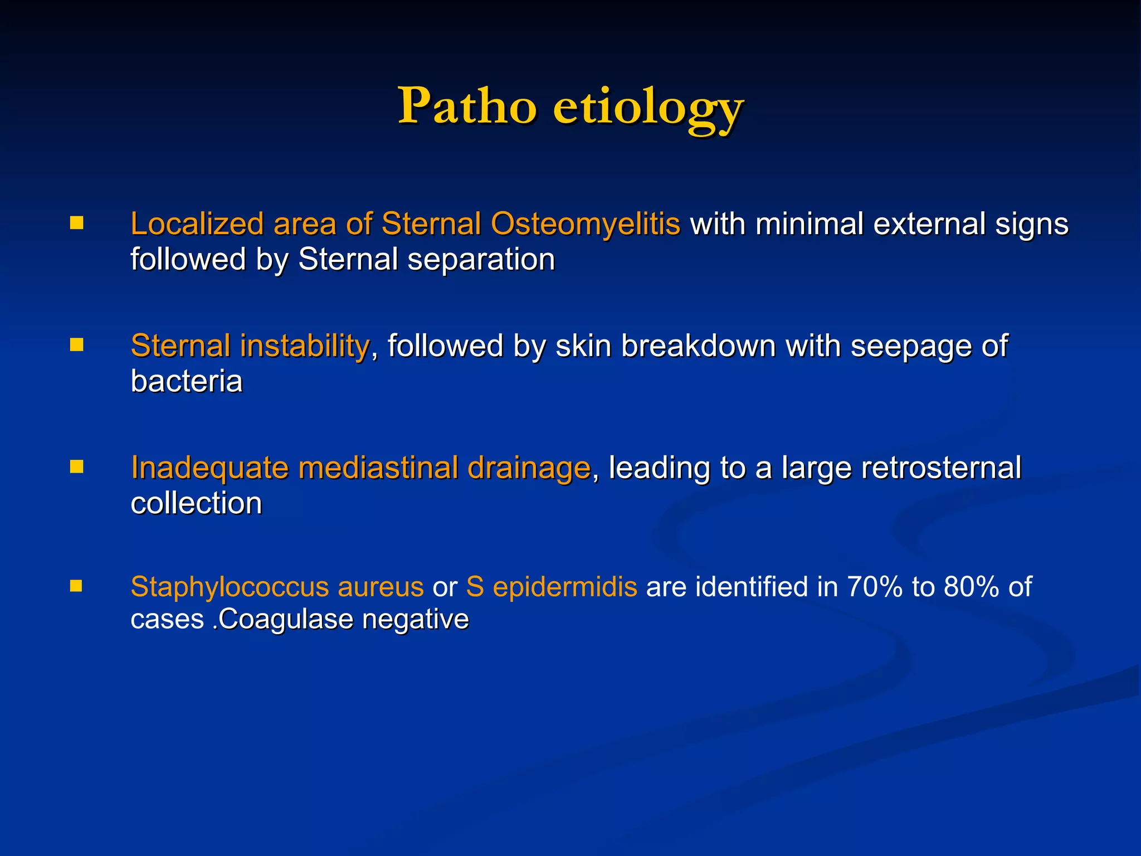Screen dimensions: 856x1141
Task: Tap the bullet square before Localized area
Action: pos(76,223)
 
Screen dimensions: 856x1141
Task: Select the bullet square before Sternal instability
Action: pos(76,345)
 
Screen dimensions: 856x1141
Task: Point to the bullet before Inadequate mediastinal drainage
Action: pos(76,466)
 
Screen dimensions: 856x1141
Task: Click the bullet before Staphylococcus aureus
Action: pos(76,586)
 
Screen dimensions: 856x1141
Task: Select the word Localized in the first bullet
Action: pos(197,225)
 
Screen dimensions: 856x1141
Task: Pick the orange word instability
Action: pos(304,346)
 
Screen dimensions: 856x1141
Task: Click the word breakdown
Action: pos(698,346)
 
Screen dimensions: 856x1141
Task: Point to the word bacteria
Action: pos(186,382)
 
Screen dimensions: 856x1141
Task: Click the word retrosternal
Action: pos(941,468)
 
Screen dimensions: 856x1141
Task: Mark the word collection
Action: pos(196,503)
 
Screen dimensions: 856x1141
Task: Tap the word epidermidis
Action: pos(565,587)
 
